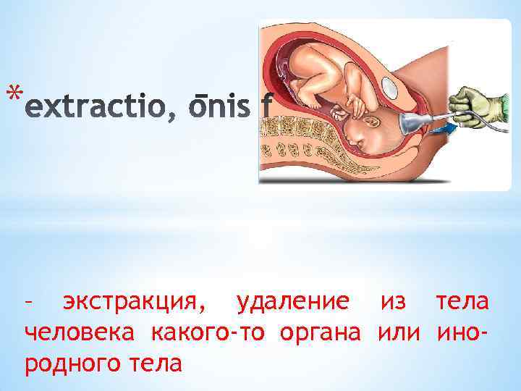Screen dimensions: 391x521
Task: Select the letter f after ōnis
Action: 266,109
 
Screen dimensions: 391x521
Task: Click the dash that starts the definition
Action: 29,303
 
